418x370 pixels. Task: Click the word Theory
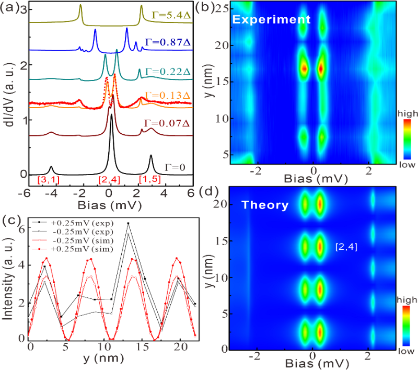(x=264, y=205)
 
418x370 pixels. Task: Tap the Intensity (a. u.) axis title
(x=8, y=280)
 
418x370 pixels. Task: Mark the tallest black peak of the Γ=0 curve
(x=111, y=116)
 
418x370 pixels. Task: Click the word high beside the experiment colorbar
(x=409, y=113)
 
